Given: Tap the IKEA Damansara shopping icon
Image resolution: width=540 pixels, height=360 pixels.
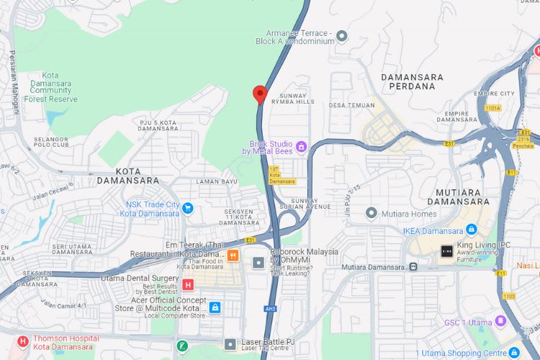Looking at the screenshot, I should [x=472, y=230].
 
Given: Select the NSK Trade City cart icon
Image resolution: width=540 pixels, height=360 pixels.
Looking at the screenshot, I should [x=187, y=209].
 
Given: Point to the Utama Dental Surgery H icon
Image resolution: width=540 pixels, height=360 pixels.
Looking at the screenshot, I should [x=189, y=284].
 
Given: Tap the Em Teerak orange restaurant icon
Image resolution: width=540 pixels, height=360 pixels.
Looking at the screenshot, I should [x=233, y=256].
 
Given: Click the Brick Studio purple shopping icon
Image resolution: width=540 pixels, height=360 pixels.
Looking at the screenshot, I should [x=301, y=147].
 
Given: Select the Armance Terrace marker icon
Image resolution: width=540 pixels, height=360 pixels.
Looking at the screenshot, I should [x=342, y=35].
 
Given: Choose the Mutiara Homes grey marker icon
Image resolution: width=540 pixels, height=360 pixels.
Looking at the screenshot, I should [x=372, y=213].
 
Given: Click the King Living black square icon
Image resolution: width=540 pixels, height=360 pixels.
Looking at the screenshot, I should [x=447, y=251].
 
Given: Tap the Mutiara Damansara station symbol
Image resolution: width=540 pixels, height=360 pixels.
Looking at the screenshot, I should [x=413, y=266].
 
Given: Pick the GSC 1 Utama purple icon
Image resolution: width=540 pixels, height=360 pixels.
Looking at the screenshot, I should [x=501, y=321].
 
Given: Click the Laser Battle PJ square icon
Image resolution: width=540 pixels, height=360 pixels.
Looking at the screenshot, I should [x=230, y=343].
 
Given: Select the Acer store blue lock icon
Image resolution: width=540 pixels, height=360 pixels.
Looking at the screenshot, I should [x=215, y=307].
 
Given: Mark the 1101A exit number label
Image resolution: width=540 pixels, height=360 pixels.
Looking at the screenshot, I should [x=492, y=108].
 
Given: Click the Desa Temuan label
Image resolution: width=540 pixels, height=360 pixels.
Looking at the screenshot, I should [x=348, y=105].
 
